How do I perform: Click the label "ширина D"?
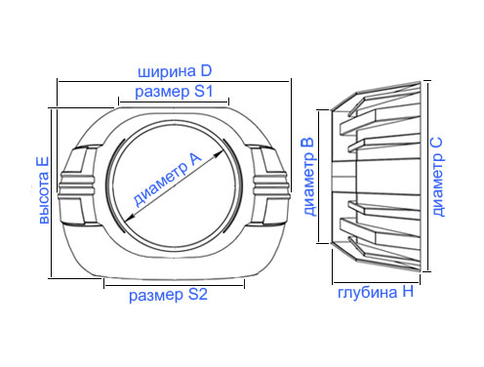click(x=175, y=71)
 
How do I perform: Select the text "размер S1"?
click(x=174, y=92)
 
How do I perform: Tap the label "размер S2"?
click(x=168, y=295)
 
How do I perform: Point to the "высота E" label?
click(x=44, y=190)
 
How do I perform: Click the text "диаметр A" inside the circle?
click(x=168, y=180)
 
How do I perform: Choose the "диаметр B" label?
click(x=309, y=177)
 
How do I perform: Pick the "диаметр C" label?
click(x=438, y=177)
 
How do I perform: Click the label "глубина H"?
click(x=376, y=292)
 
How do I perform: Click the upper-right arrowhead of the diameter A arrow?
click(x=219, y=153)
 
